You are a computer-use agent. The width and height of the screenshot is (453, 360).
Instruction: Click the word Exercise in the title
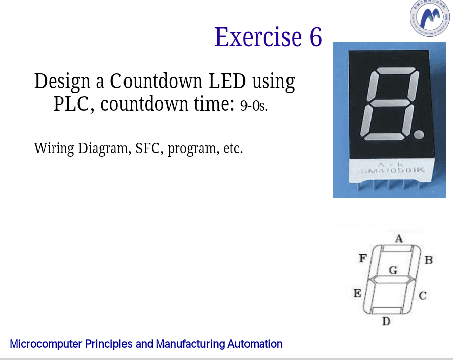[x=257, y=37]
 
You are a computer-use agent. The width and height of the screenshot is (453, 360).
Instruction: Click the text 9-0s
[x=254, y=106]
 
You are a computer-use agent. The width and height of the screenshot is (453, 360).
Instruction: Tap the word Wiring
[x=54, y=149]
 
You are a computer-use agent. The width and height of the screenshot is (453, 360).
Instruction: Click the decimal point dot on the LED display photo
[x=419, y=134]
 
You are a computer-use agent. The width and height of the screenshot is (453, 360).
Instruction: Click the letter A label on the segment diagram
[x=398, y=238]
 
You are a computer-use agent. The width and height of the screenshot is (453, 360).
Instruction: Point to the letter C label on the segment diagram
[x=423, y=295]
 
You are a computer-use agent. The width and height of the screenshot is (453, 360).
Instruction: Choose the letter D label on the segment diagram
[x=386, y=322]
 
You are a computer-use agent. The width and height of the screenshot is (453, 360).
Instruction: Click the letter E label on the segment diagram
[x=357, y=293]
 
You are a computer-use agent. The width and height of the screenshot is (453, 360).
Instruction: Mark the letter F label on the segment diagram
[x=362, y=258]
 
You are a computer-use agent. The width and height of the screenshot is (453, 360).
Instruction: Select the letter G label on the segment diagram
[x=392, y=270]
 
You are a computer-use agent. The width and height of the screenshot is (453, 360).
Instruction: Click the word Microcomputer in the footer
[x=46, y=344]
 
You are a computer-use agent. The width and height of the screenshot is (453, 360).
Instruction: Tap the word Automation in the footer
[x=255, y=344]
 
